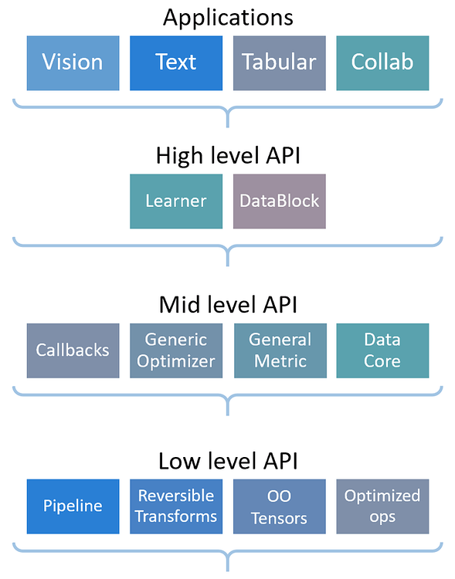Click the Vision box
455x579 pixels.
pyautogui.click(x=73, y=63)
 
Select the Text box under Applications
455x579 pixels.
pyautogui.click(x=176, y=63)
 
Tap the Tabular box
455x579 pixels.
pyautogui.click(x=280, y=63)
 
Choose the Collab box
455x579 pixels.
pyautogui.click(x=382, y=63)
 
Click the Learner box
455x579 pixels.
pyautogui.click(x=176, y=201)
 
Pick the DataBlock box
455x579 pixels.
pyautogui.click(x=280, y=201)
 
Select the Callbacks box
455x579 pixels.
pyautogui.click(x=73, y=350)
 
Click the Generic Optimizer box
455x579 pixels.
pyautogui.click(x=176, y=350)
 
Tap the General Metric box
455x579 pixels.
pyautogui.click(x=280, y=350)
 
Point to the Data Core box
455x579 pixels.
pyautogui.click(x=382, y=350)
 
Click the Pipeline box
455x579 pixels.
pyautogui.click(x=73, y=506)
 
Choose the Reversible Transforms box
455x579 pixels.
pyautogui.click(x=176, y=506)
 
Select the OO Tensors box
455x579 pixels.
pyautogui.click(x=280, y=506)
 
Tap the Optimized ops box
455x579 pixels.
pyautogui.click(x=382, y=506)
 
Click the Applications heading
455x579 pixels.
pyautogui.click(x=228, y=17)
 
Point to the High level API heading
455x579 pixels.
pyautogui.click(x=228, y=156)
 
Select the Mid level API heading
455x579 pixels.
pyautogui.click(x=228, y=305)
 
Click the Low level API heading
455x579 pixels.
pyautogui.click(x=228, y=462)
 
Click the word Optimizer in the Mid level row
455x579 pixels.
pyautogui.click(x=176, y=361)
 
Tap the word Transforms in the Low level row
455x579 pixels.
pyautogui.click(x=176, y=516)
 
